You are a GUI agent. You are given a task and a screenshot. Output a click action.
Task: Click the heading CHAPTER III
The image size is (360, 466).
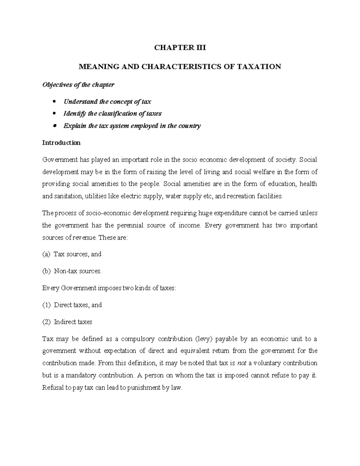pos(180,48)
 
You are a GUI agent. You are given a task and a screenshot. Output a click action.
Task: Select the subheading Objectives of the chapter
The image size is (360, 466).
pos(78,85)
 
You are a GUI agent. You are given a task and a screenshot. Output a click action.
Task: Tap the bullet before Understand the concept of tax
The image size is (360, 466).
pos(54,102)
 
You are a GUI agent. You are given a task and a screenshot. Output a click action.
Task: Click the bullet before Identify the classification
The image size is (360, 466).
pos(54,114)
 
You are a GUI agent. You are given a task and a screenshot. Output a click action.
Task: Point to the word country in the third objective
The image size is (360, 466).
pos(189,126)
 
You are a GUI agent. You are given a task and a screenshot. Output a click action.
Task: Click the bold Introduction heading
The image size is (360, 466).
pos(61,143)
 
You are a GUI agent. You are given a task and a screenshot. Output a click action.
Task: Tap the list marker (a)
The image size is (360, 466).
pos(46,254)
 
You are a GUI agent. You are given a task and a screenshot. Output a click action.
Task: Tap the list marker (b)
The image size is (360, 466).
pos(46,271)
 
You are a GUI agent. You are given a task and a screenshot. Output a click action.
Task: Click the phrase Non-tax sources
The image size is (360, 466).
pos(78,271)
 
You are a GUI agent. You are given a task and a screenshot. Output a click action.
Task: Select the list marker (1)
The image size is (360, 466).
pos(46,305)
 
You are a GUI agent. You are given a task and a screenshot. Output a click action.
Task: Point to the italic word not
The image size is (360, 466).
pos(241,363)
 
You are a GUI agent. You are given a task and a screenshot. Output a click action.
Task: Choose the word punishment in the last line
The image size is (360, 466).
pos(144,388)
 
